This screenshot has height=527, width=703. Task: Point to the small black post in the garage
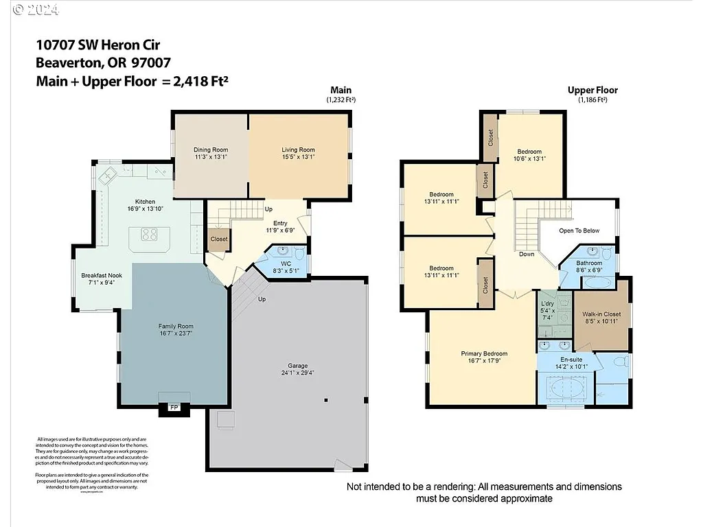(x=326, y=400)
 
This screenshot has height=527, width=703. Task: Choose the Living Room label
(x=298, y=150)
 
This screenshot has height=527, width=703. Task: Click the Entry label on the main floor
(x=280, y=223)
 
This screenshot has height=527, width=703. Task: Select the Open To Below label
(x=579, y=231)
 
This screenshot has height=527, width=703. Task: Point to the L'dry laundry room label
(x=547, y=303)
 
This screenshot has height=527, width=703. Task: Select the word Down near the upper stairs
(x=527, y=254)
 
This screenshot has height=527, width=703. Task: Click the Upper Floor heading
(x=592, y=90)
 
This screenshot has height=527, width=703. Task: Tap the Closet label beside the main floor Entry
(x=219, y=239)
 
